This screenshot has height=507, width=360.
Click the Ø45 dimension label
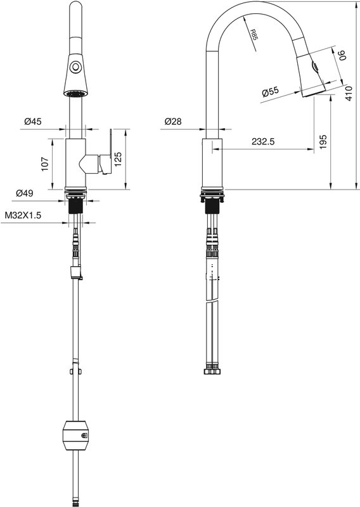33,122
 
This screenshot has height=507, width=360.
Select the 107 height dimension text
44,164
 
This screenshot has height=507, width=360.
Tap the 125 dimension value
118,159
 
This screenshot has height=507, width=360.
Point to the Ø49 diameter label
25,193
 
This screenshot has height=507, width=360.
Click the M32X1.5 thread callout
23,215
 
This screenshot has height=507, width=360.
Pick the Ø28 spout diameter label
173,122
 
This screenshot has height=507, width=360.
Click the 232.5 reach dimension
263,141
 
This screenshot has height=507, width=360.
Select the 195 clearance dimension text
323,142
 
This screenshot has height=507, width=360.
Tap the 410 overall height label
349,93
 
